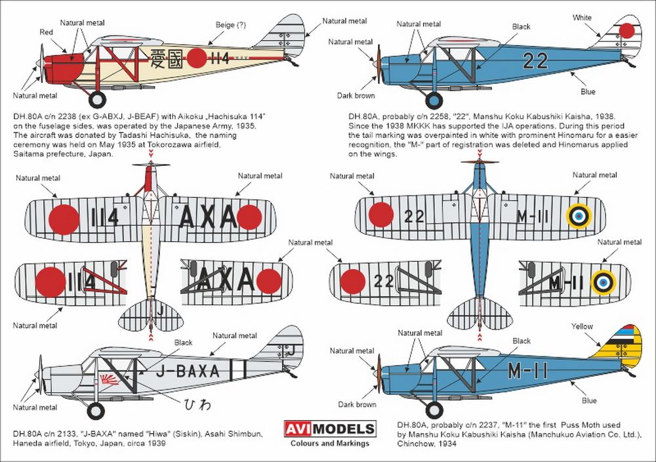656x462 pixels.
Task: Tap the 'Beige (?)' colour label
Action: click(x=230, y=25)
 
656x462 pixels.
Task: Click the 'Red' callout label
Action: click(x=46, y=32)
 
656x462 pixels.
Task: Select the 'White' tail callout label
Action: click(x=582, y=18)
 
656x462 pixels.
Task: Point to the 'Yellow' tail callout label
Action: click(x=582, y=326)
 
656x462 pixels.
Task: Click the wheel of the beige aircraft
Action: click(x=98, y=99)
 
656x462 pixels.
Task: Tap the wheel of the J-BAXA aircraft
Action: click(x=96, y=411)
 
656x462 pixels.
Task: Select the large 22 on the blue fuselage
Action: click(x=535, y=61)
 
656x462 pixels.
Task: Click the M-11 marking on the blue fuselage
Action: click(x=527, y=371)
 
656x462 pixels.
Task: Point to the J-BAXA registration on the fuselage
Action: click(x=188, y=371)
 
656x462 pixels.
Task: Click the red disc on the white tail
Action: click(x=626, y=31)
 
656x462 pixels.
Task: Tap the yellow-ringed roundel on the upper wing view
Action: click(x=579, y=216)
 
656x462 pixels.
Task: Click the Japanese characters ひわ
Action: click(x=197, y=404)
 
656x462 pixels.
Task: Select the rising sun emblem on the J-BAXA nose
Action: click(x=109, y=379)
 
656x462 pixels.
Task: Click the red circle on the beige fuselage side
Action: click(x=197, y=58)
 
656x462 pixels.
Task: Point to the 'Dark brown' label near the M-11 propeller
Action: click(x=357, y=404)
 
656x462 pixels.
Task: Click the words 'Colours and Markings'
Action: click(x=330, y=443)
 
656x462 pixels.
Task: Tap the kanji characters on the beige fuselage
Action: click(x=166, y=58)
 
